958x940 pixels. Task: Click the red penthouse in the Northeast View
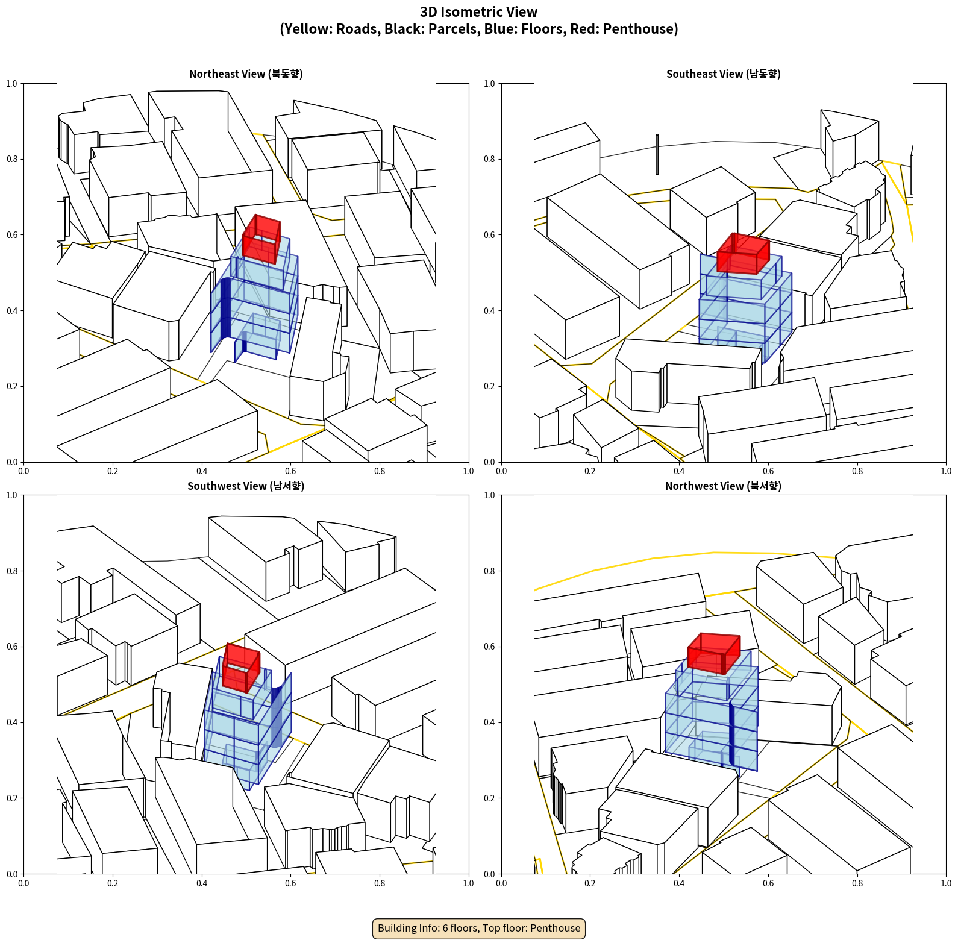pyautogui.click(x=261, y=239)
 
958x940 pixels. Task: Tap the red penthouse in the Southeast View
pyautogui.click(x=743, y=254)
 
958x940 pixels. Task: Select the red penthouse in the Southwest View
pyautogui.click(x=241, y=668)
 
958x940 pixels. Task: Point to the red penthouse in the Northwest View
pyautogui.click(x=714, y=653)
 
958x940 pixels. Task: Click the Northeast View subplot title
pyautogui.click(x=246, y=74)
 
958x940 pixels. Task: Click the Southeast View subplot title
pyautogui.click(x=723, y=74)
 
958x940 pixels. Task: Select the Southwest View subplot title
pyautogui.click(x=246, y=486)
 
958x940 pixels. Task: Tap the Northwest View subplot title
pyautogui.click(x=723, y=486)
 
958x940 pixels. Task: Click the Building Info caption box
pyautogui.click(x=479, y=928)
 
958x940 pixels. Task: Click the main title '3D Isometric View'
pyautogui.click(x=479, y=12)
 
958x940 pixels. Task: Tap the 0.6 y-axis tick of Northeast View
pyautogui.click(x=12, y=235)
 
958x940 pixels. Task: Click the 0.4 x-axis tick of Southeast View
pyautogui.click(x=679, y=471)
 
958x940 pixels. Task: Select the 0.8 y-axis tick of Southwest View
pyautogui.click(x=12, y=571)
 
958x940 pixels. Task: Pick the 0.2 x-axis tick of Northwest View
pyautogui.click(x=590, y=883)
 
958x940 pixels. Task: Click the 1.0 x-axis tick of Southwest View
pyautogui.click(x=468, y=883)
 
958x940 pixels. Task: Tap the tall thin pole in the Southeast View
pyautogui.click(x=657, y=154)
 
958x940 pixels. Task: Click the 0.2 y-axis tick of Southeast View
pyautogui.click(x=489, y=386)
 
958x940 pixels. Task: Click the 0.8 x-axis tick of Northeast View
pyautogui.click(x=380, y=471)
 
